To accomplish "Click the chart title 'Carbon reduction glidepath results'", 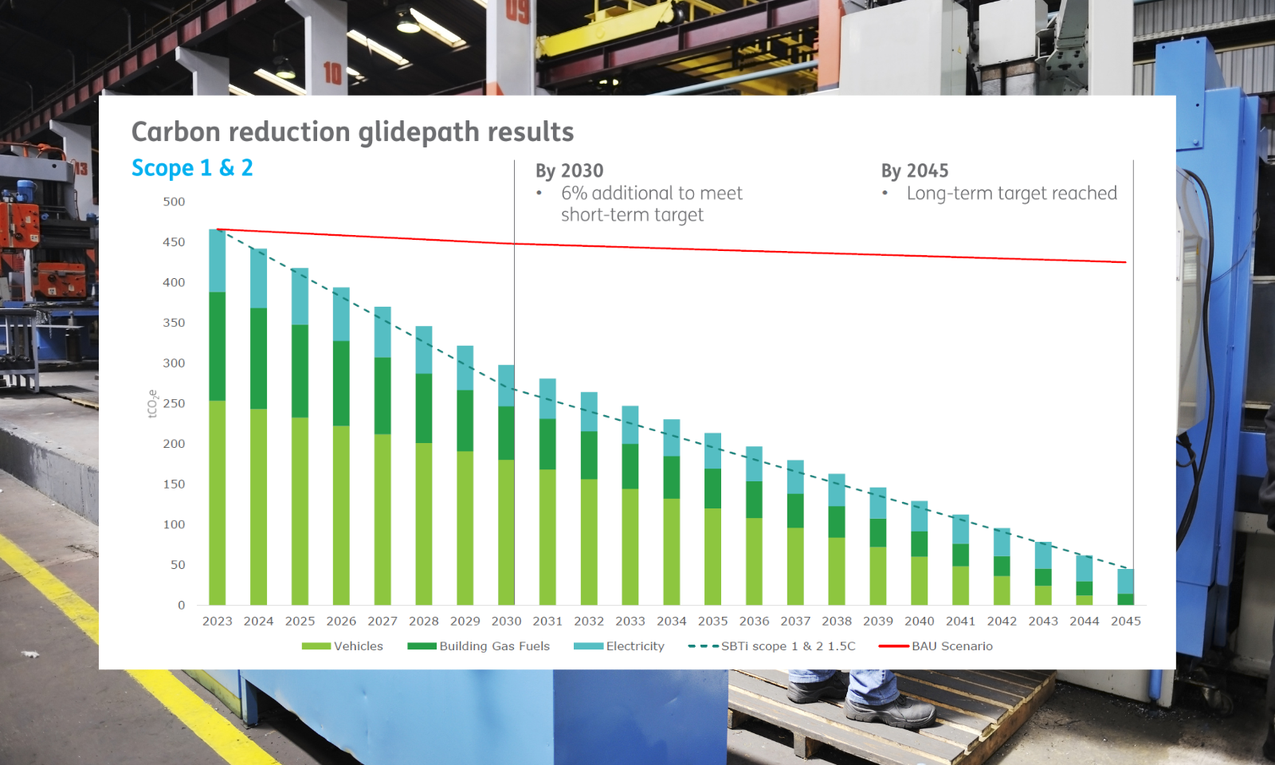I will pyautogui.click(x=352, y=131).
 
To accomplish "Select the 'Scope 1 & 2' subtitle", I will pyautogui.click(x=192, y=168).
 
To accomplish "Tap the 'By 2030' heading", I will pyautogui.click(x=569, y=171).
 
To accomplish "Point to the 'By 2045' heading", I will pyautogui.click(x=914, y=171).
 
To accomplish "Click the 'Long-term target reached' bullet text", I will pyautogui.click(x=1011, y=194).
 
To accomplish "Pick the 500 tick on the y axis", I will pyautogui.click(x=174, y=202).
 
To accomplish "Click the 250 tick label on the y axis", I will pyautogui.click(x=174, y=403).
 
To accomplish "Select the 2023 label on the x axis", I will pyautogui.click(x=217, y=621).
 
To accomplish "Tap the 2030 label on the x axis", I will pyautogui.click(x=506, y=621).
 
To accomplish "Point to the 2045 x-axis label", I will pyautogui.click(x=1125, y=621).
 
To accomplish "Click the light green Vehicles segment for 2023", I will pyautogui.click(x=217, y=502).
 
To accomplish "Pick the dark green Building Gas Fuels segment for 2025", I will pyautogui.click(x=300, y=371).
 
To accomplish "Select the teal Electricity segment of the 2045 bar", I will pyautogui.click(x=1125, y=581).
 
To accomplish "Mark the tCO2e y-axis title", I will pyautogui.click(x=152, y=404).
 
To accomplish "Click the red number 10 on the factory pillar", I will pyautogui.click(x=332, y=74).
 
